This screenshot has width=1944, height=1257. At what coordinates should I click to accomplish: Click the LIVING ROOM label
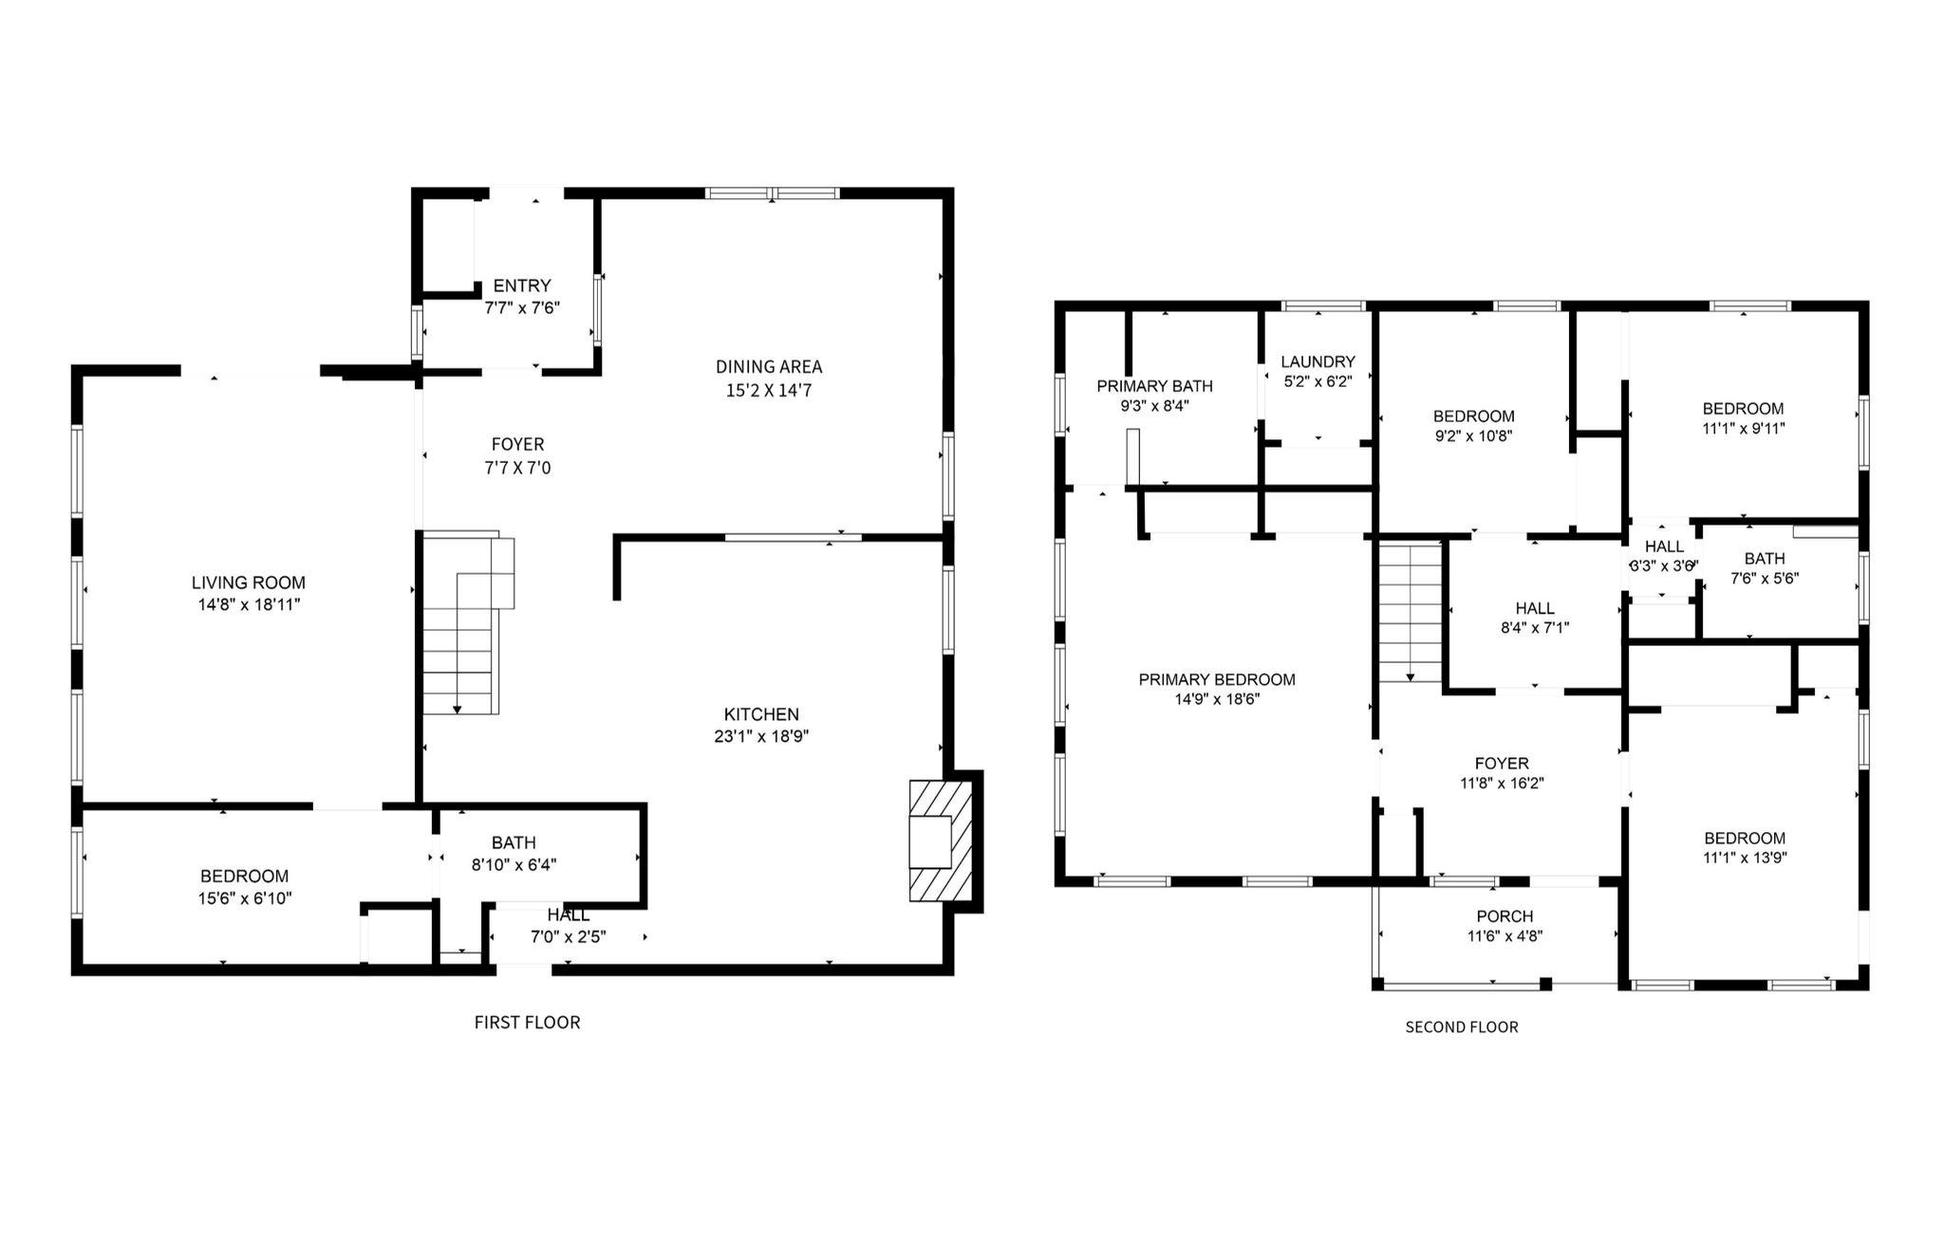[x=249, y=582]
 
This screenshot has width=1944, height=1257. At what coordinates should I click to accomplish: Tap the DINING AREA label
[x=769, y=367]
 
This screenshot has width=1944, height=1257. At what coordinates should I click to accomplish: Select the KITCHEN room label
[x=761, y=714]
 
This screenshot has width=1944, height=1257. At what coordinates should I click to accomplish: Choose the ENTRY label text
[x=522, y=286]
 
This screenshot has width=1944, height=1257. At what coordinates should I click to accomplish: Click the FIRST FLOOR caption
[x=527, y=1022]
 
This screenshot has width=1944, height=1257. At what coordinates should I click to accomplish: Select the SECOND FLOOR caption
[x=1462, y=1026]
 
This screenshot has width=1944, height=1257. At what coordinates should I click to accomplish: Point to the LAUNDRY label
[x=1318, y=361]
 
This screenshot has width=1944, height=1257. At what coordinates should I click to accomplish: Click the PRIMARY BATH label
[x=1154, y=386]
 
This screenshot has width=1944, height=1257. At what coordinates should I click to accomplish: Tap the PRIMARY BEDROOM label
[x=1217, y=679]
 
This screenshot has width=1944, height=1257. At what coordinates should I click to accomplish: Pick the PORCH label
[x=1505, y=916]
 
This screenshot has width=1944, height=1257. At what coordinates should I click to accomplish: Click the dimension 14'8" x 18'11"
[x=249, y=604]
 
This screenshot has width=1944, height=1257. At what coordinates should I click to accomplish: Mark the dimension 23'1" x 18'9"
[x=761, y=736]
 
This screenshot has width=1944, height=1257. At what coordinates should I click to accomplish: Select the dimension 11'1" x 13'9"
[x=1745, y=859]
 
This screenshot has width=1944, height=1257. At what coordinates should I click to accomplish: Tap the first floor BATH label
[x=514, y=842]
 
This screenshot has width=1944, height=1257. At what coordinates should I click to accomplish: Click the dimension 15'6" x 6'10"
[x=245, y=898]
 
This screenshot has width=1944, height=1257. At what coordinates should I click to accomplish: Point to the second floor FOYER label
[x=1502, y=764]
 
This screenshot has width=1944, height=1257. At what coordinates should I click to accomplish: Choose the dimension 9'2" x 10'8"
[x=1473, y=437]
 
